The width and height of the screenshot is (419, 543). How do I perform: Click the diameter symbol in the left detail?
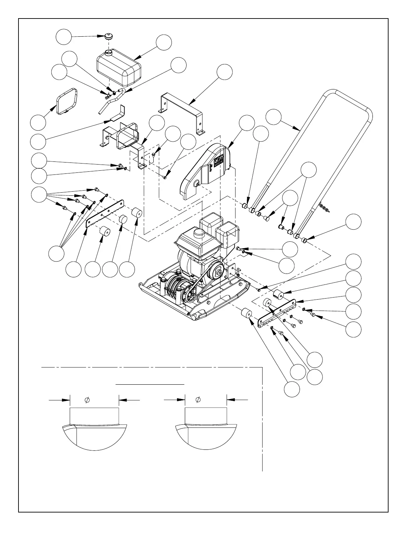tap(87, 399)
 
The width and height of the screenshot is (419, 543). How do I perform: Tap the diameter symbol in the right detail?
tap(198, 399)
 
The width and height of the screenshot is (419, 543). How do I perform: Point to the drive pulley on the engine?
tap(216, 273)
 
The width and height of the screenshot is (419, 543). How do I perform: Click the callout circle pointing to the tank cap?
tap(64, 37)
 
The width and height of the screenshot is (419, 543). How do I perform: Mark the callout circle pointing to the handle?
tap(274, 117)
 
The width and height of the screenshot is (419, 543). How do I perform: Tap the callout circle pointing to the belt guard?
tap(247, 123)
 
